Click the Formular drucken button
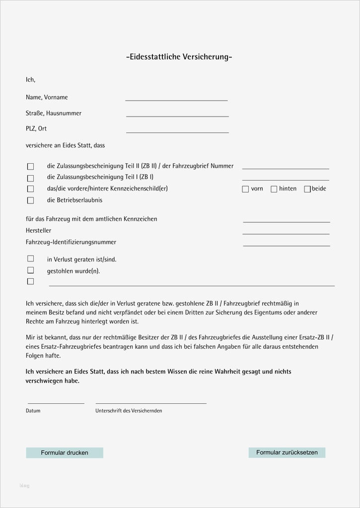coord(65,452)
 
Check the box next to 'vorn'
coord(245,189)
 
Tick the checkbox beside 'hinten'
coord(274,189)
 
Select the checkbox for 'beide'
coord(307,189)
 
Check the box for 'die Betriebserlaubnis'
coord(30,200)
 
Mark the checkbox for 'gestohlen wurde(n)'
coord(30,270)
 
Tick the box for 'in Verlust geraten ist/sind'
coord(30,258)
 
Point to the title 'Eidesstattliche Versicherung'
coord(179,57)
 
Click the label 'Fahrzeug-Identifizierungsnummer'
coord(71,242)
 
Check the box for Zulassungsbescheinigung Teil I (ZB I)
coord(30,178)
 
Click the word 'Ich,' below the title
coord(31,79)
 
